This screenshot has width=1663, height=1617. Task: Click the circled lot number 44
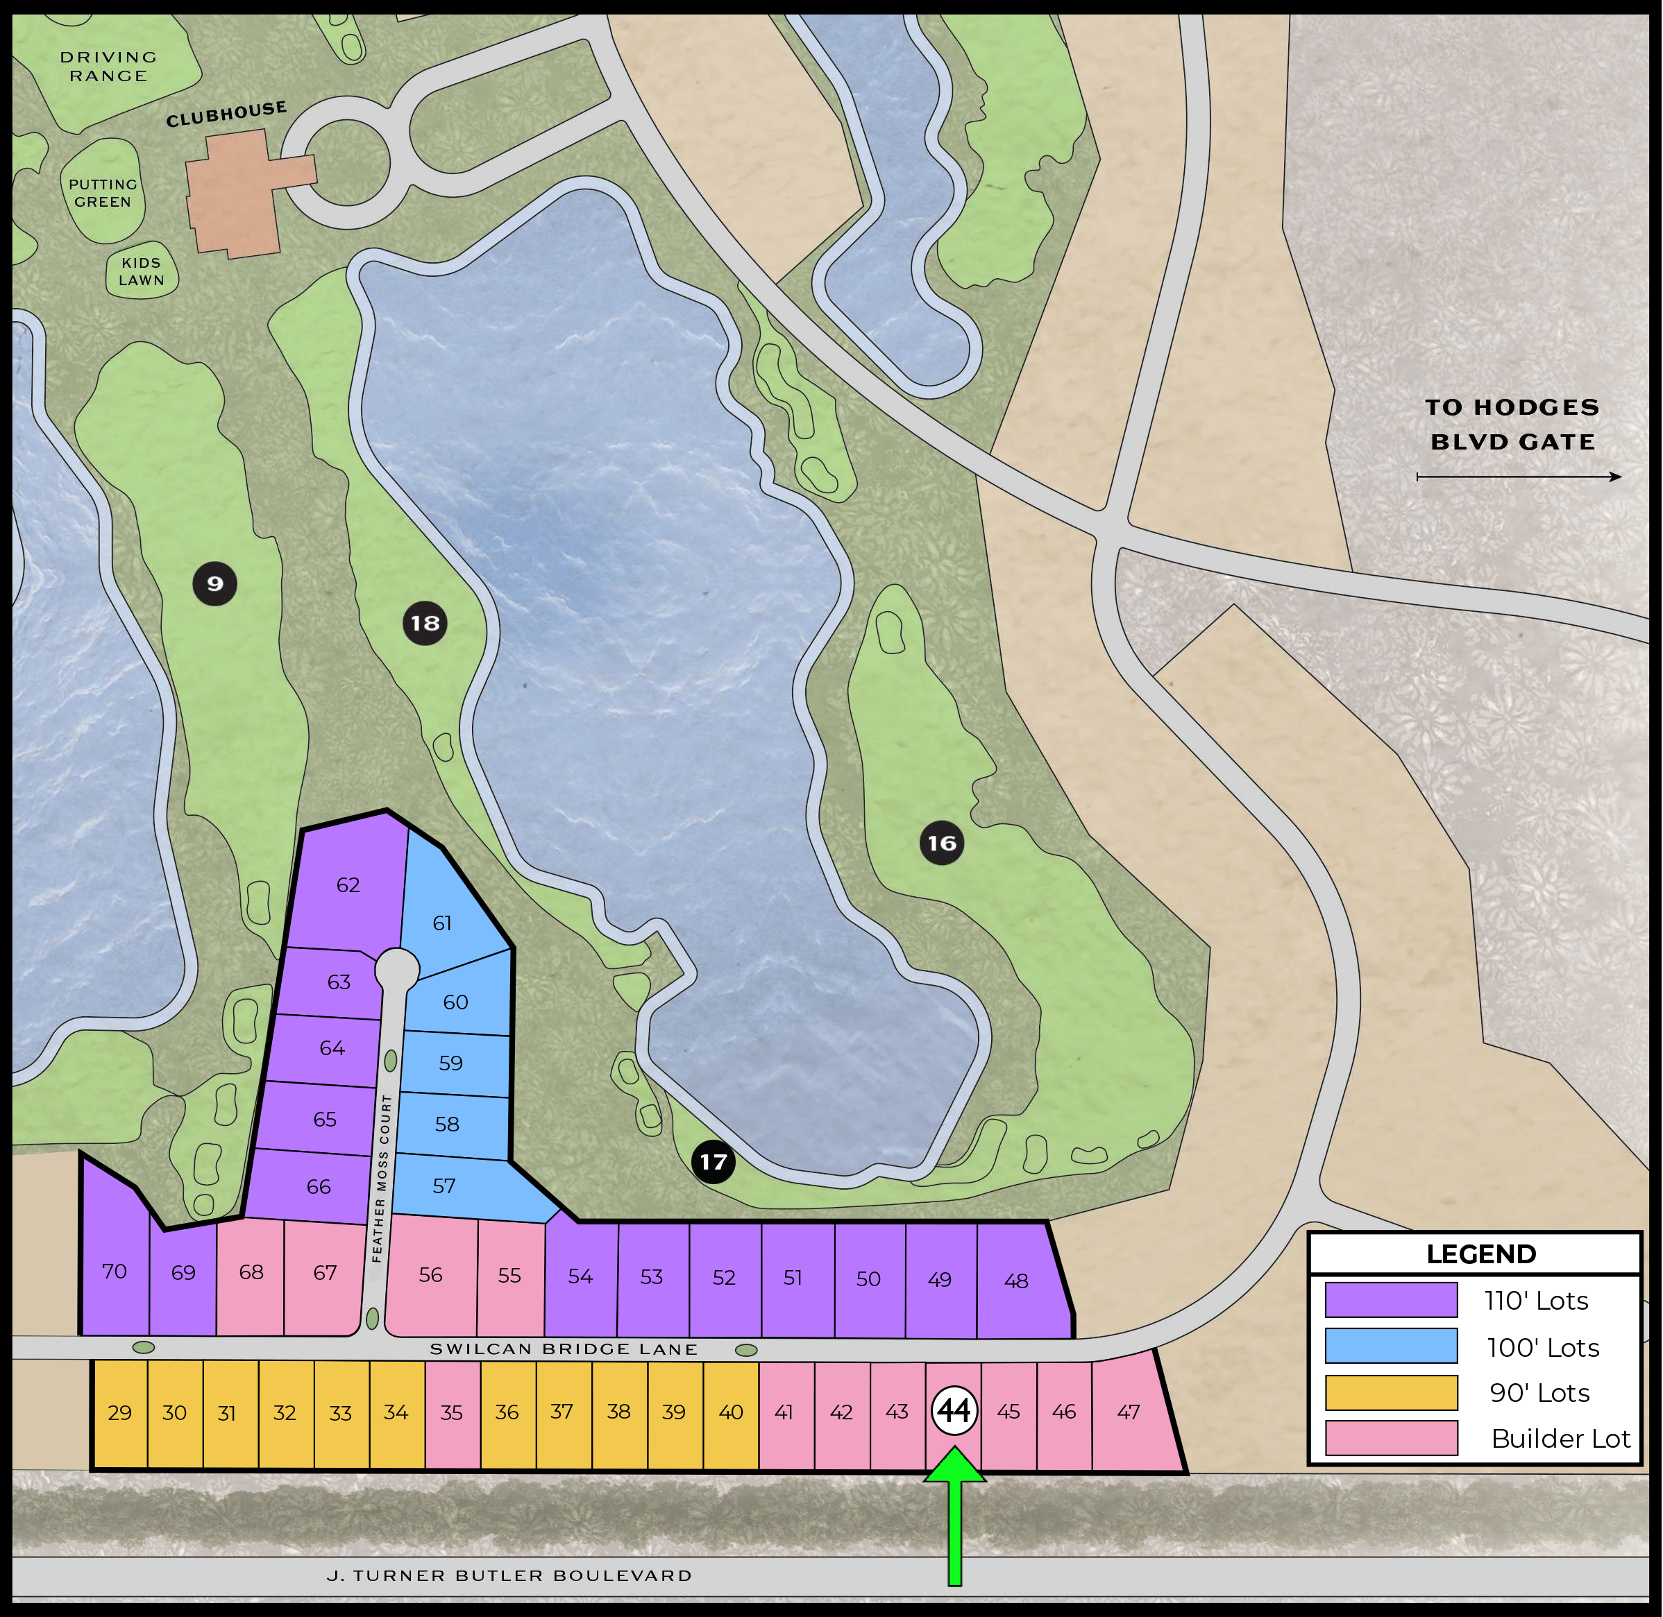click(954, 1411)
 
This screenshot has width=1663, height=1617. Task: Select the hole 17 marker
click(713, 1162)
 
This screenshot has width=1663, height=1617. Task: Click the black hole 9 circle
click(215, 583)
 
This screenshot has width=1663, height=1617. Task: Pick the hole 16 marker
click(942, 844)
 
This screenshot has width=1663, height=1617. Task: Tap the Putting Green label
click(103, 194)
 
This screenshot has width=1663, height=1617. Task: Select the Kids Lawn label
click(141, 272)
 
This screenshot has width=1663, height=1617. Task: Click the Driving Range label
click(109, 66)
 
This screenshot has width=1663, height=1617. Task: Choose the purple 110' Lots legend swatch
click(1391, 1300)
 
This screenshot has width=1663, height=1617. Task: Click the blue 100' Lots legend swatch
click(1391, 1346)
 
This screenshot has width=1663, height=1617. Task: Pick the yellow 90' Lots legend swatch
click(1391, 1392)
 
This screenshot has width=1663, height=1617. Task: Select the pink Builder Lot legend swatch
click(1391, 1438)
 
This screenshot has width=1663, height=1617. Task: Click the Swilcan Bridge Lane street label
click(564, 1349)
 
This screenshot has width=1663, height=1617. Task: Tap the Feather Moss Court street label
click(382, 1178)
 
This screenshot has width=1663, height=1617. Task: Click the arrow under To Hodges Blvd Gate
click(1519, 477)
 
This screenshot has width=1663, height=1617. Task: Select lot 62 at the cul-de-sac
click(348, 885)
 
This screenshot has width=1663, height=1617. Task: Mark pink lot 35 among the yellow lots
click(451, 1412)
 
